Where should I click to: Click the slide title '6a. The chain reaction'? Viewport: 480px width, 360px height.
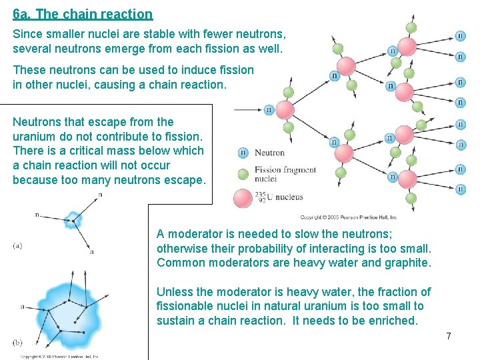click(x=83, y=14)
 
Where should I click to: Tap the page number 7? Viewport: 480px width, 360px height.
click(x=449, y=336)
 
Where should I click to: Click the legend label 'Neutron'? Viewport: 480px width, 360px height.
click(x=269, y=153)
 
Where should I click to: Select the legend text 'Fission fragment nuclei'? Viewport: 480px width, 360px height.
click(x=285, y=174)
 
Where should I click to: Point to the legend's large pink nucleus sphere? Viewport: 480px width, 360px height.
click(x=243, y=197)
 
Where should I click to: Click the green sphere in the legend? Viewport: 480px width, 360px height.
click(x=243, y=174)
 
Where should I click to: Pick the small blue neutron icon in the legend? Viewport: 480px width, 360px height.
click(x=243, y=153)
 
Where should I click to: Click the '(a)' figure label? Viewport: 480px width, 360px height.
click(x=17, y=245)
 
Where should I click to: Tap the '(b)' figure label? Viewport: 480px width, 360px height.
click(x=17, y=342)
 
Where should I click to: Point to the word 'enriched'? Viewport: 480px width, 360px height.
click(x=393, y=321)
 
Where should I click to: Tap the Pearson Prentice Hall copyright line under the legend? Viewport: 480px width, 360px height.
click(x=348, y=217)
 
